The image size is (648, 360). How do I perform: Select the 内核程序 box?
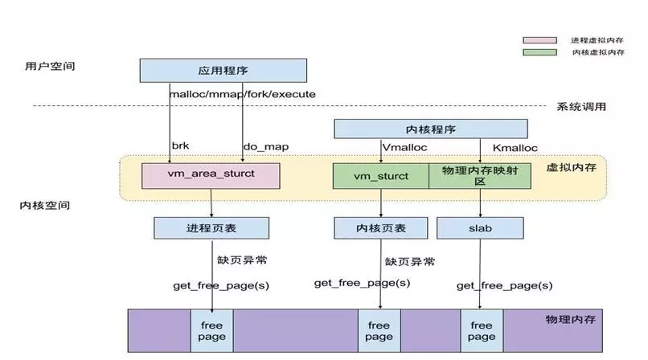pos(430,129)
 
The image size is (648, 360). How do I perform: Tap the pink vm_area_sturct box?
pos(211,175)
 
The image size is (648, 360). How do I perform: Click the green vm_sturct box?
pos(381,176)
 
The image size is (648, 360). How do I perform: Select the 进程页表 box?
pos(211,228)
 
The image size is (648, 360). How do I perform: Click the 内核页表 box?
pos(381,228)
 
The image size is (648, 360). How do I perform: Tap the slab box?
pos(480,228)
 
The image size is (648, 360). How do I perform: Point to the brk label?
pos(180,147)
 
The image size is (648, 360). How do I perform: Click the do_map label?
pos(265,147)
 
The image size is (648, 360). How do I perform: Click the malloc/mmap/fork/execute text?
pos(242,94)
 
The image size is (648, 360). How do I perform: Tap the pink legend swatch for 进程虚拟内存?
pos(539,39)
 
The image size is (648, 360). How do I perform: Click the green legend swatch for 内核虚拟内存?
pos(539,52)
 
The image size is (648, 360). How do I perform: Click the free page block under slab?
pos(481,330)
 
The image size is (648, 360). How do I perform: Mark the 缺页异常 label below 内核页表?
pos(410,261)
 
